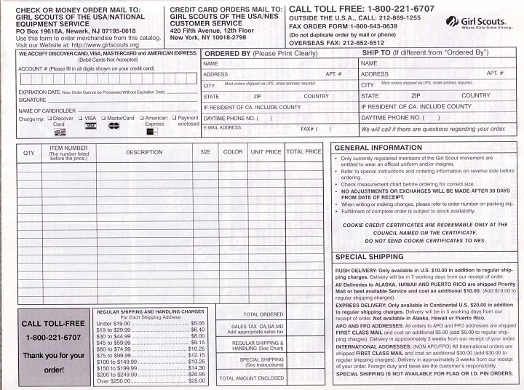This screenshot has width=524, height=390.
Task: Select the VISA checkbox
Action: tap(81, 117)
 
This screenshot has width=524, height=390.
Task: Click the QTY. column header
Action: tap(28, 152)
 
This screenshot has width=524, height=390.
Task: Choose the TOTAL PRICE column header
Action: tap(303, 152)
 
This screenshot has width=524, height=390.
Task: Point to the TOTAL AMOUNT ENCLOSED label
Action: tap(251, 378)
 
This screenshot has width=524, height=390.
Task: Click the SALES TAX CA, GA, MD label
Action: tap(251, 327)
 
